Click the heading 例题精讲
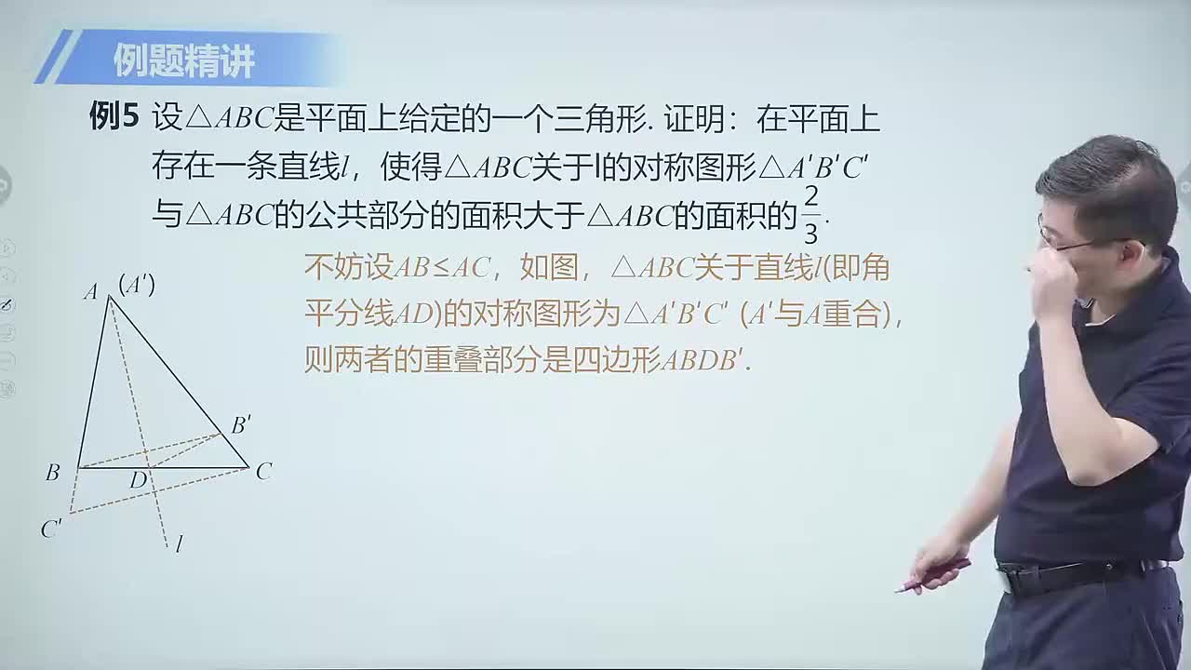(x=184, y=61)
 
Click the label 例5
(x=114, y=117)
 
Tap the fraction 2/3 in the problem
(x=810, y=215)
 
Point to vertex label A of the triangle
(x=90, y=292)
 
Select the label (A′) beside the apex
(x=137, y=285)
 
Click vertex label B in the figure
(x=52, y=473)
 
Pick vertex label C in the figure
(x=263, y=472)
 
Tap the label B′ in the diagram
(x=241, y=425)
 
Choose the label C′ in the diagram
(x=51, y=529)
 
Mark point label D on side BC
(x=139, y=480)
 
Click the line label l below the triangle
(x=178, y=544)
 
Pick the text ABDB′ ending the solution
(x=703, y=361)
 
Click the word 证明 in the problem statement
(x=691, y=118)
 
